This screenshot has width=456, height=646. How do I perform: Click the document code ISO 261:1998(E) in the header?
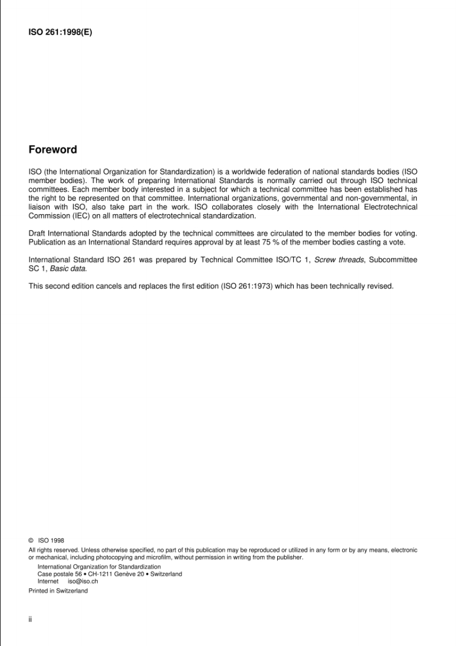[x=60, y=32]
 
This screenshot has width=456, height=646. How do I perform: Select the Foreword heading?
[x=53, y=150]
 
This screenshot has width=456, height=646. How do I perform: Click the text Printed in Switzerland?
[x=58, y=591]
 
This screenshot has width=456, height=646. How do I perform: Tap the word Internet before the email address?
[x=48, y=582]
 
